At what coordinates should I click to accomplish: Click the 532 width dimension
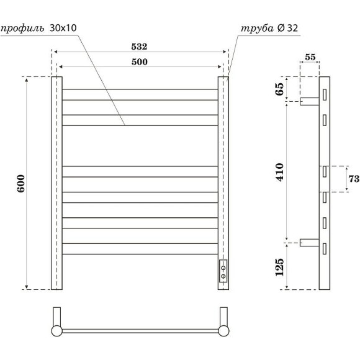[x=140, y=47]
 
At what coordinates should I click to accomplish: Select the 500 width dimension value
[x=140, y=61]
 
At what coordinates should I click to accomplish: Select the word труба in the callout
[x=257, y=29]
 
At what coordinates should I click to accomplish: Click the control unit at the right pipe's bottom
[x=223, y=271]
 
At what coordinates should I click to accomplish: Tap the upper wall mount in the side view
[x=309, y=101]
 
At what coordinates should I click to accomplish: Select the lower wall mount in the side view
[x=309, y=243]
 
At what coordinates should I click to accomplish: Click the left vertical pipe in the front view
[x=56, y=183]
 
